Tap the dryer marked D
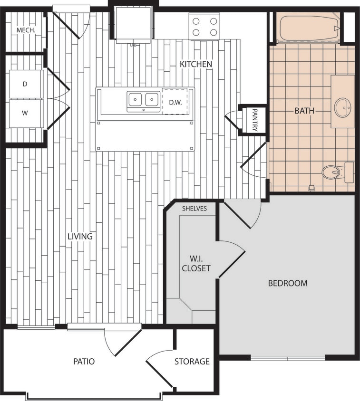(x=26, y=84)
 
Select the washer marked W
(x=26, y=113)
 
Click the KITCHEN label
(x=195, y=64)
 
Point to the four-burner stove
(x=204, y=27)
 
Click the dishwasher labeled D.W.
(x=175, y=102)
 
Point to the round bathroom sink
(x=342, y=107)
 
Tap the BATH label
(x=304, y=111)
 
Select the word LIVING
(x=79, y=236)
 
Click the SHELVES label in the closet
(x=195, y=209)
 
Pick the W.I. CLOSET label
(x=197, y=264)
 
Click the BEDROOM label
(x=288, y=283)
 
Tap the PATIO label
(x=84, y=362)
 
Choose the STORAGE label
(x=192, y=362)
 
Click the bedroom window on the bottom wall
(x=287, y=358)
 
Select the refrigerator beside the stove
(x=133, y=24)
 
